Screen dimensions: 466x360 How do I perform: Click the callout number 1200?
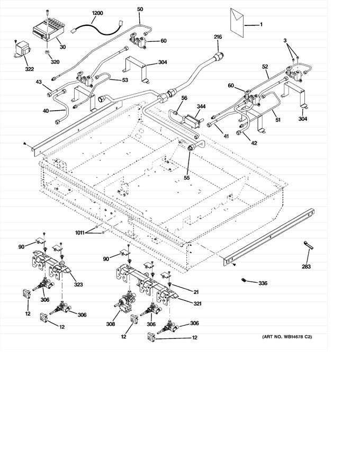[97, 13]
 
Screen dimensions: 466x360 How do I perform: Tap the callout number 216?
[218, 37]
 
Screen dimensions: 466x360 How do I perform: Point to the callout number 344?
[201, 106]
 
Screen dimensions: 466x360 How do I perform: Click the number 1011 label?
[80, 231]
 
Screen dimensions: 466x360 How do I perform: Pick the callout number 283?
[307, 266]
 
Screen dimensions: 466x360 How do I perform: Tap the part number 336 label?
[263, 283]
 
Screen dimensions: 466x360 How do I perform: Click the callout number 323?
[78, 285]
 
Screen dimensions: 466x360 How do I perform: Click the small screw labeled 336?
[244, 280]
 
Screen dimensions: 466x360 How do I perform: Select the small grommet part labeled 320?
[47, 53]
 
